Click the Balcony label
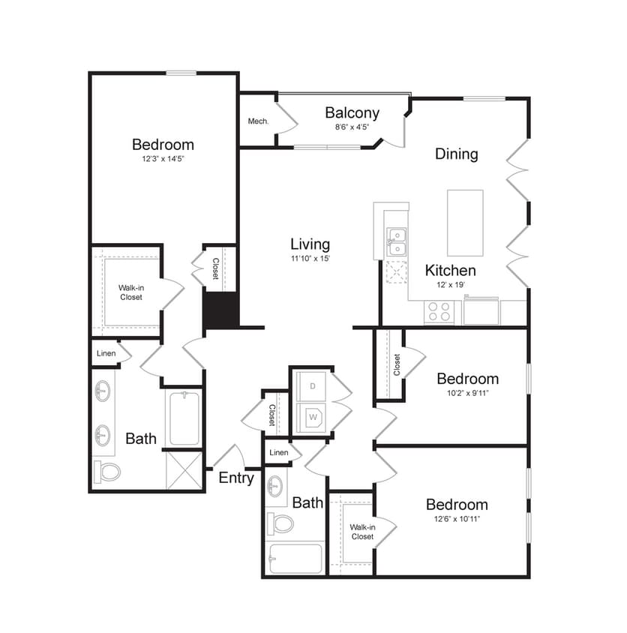[352, 113]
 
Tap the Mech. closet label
[258, 121]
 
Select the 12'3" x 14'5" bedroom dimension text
[163, 159]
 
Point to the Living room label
[310, 244]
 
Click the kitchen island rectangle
[465, 223]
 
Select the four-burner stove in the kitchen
[438, 311]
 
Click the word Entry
[236, 478]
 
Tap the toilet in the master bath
[108, 472]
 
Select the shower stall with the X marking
[184, 471]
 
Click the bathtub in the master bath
[184, 418]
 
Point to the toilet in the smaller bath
[281, 523]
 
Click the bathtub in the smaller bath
[295, 559]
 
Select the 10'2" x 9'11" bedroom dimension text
[467, 392]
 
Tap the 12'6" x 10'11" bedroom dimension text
[457, 518]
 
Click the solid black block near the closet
[221, 309]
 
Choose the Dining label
[457, 154]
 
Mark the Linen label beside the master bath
[106, 352]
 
